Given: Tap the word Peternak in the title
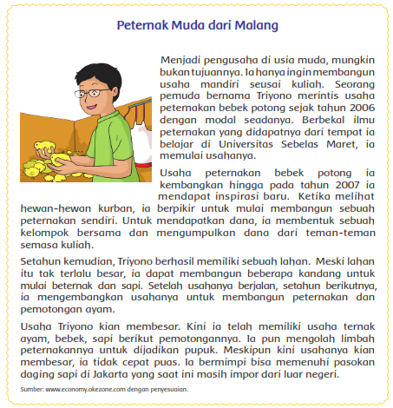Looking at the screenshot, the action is click(144, 25).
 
